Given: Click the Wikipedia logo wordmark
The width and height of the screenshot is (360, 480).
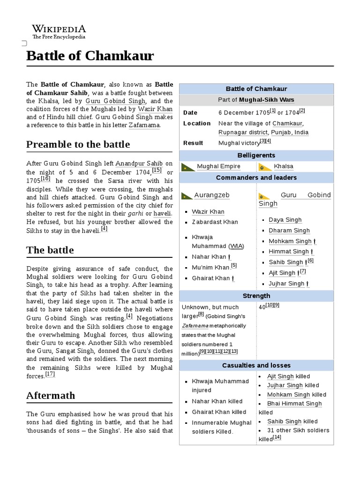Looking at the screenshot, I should [x=59, y=29].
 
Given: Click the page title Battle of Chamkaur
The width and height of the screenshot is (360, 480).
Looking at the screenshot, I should [x=90, y=56].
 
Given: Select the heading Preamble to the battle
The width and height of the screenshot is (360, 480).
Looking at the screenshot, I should [x=78, y=144].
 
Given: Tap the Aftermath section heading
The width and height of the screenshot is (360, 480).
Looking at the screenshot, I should [x=51, y=395].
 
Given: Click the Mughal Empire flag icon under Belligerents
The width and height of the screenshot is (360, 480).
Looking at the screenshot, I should [x=188, y=167].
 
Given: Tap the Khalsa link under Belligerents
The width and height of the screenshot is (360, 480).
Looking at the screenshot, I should [x=284, y=166].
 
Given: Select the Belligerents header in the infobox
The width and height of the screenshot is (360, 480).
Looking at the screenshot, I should [x=256, y=155].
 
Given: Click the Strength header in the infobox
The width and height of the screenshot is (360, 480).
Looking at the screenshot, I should [x=256, y=296].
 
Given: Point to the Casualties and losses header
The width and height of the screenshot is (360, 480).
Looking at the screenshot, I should [x=256, y=365].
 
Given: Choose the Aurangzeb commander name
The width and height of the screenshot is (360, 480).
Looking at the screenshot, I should [x=211, y=195].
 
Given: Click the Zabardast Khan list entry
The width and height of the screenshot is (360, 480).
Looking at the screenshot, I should [x=215, y=222].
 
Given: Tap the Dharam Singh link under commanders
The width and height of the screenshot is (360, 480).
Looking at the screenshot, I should [x=289, y=231].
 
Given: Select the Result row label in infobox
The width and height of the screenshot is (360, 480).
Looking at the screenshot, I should [x=193, y=143].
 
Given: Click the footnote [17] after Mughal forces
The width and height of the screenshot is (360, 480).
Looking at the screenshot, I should [x=50, y=375].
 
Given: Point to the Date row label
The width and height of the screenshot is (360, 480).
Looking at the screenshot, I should [x=190, y=112].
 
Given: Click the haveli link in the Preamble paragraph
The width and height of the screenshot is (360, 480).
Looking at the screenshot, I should [x=163, y=213].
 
